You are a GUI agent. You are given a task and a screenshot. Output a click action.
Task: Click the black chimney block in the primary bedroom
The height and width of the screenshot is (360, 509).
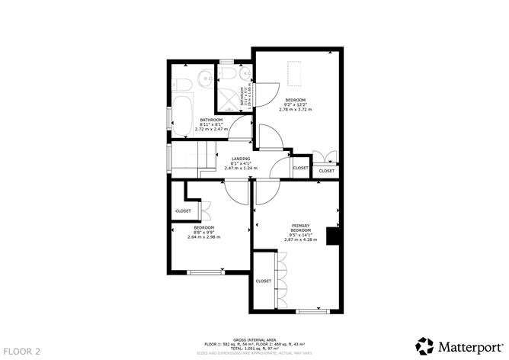click(333, 236)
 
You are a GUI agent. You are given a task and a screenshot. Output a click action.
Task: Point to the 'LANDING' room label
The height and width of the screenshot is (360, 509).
click(241, 159)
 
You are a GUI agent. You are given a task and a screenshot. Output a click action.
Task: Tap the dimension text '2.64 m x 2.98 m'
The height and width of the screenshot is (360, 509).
click(203, 237)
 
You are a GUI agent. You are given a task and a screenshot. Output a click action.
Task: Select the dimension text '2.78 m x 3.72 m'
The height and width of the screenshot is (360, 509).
click(296, 111)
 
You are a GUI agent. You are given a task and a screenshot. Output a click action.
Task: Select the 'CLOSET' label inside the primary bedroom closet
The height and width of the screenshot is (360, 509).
click(264, 281)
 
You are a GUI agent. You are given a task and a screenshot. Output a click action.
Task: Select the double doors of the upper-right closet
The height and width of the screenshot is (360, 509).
click(326, 159)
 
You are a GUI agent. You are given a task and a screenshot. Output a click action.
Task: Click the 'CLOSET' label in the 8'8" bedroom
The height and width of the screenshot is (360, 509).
click(183, 211)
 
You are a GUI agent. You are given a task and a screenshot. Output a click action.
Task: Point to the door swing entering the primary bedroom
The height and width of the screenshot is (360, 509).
click(265, 194)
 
